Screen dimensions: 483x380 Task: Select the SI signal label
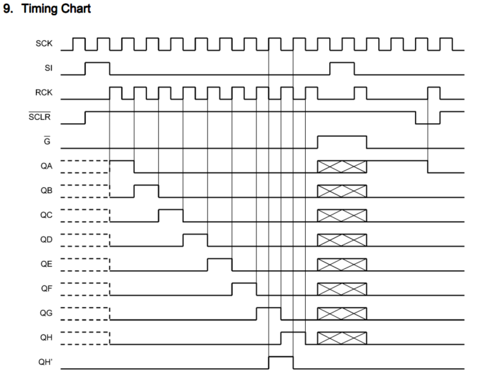click(48, 68)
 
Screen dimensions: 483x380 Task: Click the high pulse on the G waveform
click(342, 142)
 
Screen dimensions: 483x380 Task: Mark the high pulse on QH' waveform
click(281, 362)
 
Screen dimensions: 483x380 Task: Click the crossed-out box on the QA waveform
click(342, 166)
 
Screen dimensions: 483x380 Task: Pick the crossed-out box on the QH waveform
click(342, 338)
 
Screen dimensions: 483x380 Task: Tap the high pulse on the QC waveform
click(170, 215)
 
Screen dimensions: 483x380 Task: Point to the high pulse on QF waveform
click(244, 288)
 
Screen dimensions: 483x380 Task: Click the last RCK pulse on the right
click(434, 93)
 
